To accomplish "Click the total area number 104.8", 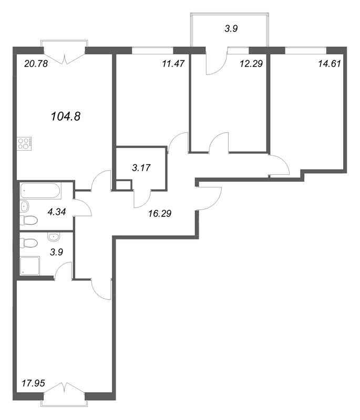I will click(x=65, y=115).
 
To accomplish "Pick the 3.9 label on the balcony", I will click(x=231, y=29).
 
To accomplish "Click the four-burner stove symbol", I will click(x=25, y=143).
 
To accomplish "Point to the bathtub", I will click(x=40, y=191).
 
